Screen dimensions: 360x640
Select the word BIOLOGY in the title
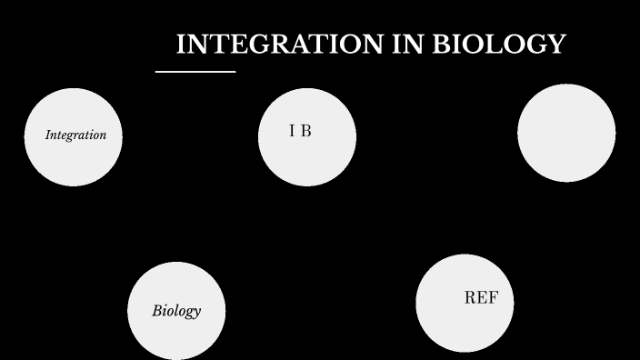pyautogui.click(x=498, y=45)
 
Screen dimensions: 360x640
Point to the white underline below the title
pyautogui.click(x=195, y=71)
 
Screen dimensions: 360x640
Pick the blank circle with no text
pyautogui.click(x=566, y=133)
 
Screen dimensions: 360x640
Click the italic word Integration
pyautogui.click(x=75, y=135)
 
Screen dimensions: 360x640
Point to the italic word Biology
pyautogui.click(x=176, y=311)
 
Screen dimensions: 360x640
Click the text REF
pyautogui.click(x=481, y=298)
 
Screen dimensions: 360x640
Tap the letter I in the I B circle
pyautogui.click(x=292, y=131)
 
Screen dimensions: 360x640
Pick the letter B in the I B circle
pyautogui.click(x=305, y=131)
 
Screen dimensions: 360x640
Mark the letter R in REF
pyautogui.click(x=470, y=298)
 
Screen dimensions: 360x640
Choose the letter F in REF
pyautogui.click(x=493, y=298)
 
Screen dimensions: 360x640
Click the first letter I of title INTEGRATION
pyautogui.click(x=180, y=45)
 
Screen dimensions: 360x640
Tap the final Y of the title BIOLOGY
pyautogui.click(x=557, y=45)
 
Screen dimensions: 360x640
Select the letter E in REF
pyautogui.click(x=482, y=298)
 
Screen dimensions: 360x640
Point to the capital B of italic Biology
pyautogui.click(x=156, y=311)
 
